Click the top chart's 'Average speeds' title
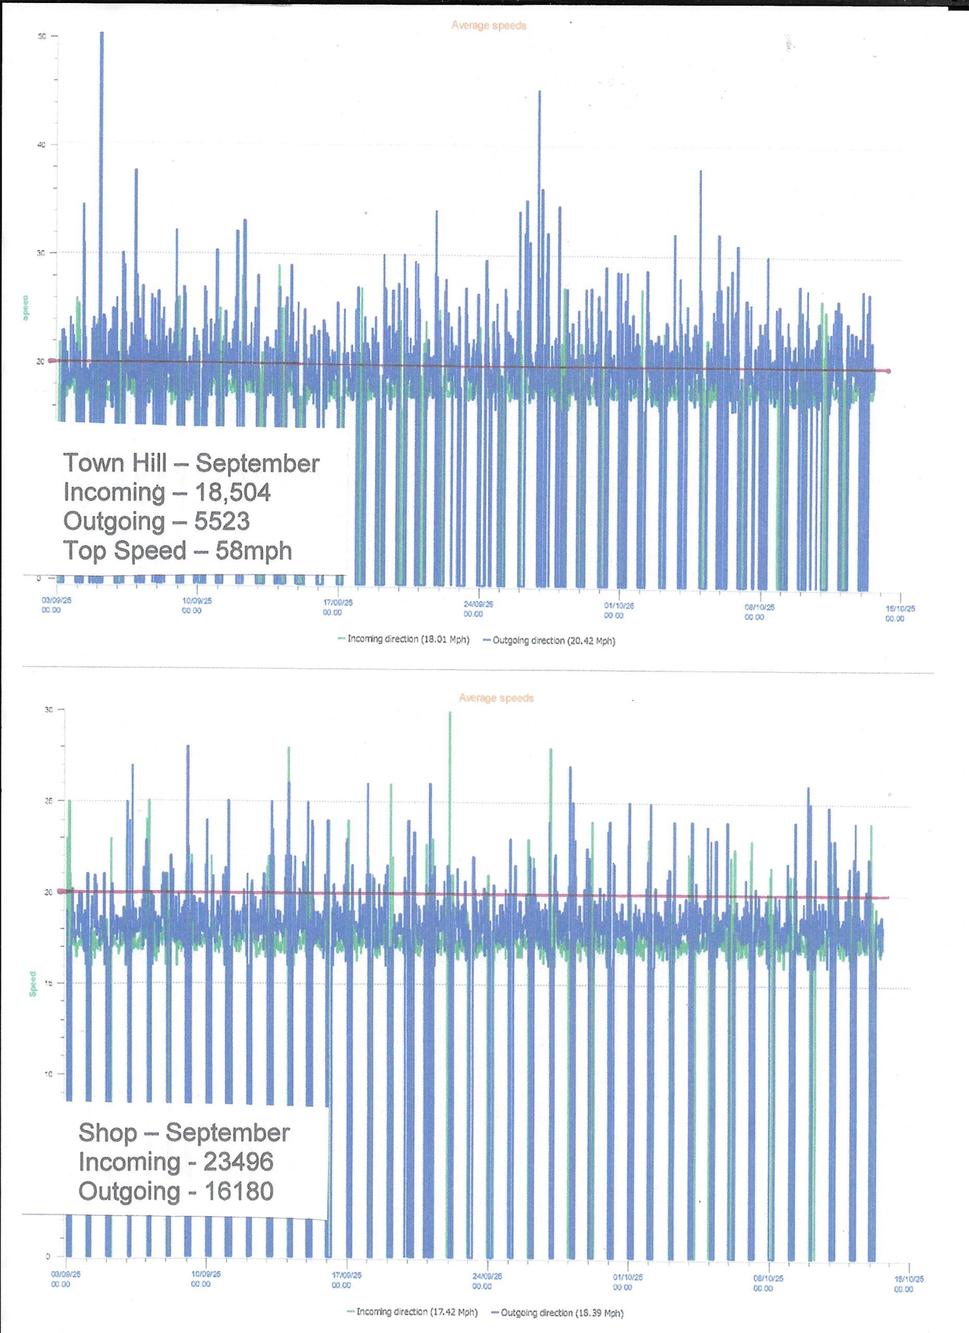point(488,26)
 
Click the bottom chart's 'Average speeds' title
point(496,698)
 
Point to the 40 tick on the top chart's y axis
point(41,145)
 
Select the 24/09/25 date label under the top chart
point(478,608)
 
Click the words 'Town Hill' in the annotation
point(115,463)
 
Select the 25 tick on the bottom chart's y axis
point(49,800)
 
